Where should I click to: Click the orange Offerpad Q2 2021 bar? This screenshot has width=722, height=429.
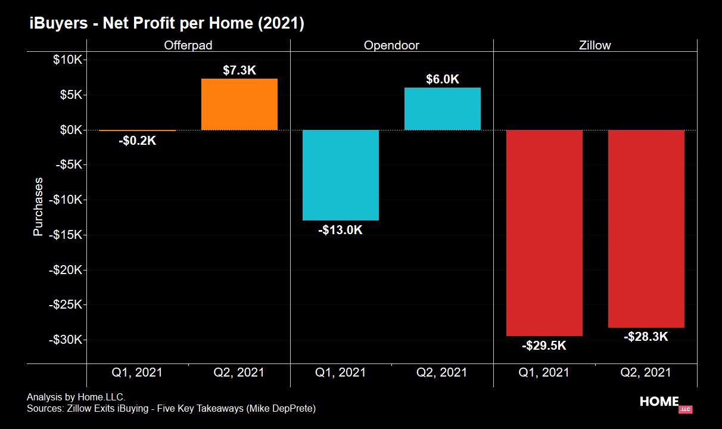(x=239, y=104)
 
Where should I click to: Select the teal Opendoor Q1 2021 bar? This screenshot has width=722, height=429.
(x=341, y=175)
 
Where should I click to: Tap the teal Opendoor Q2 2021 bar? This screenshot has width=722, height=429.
(x=443, y=108)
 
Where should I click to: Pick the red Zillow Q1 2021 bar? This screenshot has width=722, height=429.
(x=544, y=233)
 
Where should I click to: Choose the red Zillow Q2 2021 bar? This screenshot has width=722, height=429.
(x=646, y=229)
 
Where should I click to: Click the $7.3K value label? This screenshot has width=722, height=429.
(x=239, y=70)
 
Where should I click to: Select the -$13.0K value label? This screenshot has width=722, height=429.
(x=341, y=230)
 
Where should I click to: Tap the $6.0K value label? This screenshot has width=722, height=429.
(x=443, y=79)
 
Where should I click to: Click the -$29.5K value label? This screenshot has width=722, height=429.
(x=544, y=346)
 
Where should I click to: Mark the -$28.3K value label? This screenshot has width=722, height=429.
(x=646, y=337)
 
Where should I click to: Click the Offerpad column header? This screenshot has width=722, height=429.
(x=188, y=45)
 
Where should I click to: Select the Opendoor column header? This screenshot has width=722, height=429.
(x=391, y=45)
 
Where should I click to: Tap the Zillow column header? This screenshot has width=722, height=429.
(x=595, y=45)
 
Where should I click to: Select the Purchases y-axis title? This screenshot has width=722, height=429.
(x=38, y=207)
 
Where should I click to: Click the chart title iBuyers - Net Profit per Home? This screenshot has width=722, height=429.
(x=167, y=23)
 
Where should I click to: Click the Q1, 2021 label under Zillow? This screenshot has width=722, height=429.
(x=544, y=373)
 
